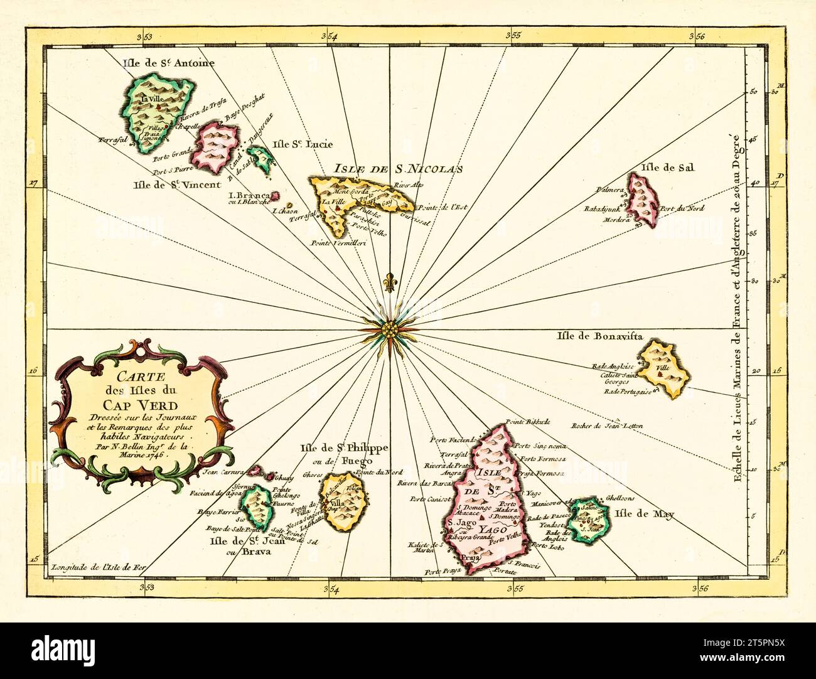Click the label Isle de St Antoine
169,63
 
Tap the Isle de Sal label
667,167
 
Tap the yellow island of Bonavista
664,368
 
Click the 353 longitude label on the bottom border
146,588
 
